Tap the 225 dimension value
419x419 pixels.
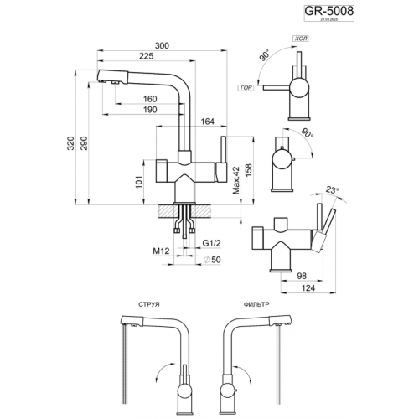coord(145,58)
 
